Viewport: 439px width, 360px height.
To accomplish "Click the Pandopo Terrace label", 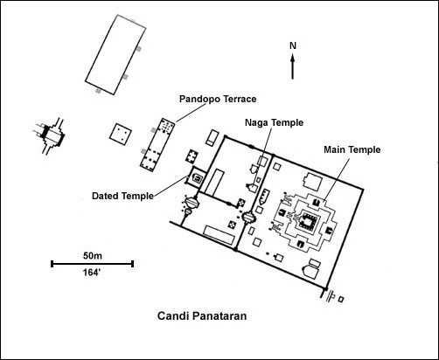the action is click(218, 99).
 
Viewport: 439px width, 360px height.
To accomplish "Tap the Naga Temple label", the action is click(274, 122).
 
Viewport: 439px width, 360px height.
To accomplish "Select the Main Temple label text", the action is click(352, 149).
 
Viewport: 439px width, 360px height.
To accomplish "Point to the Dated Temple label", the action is click(122, 196).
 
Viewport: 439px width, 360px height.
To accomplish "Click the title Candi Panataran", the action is click(202, 316).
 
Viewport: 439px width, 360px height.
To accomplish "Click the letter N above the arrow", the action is click(293, 45).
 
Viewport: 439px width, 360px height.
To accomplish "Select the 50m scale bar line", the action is click(92, 264).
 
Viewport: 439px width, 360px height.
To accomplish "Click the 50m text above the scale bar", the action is click(93, 256).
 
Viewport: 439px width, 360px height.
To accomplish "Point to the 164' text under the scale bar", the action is click(91, 273).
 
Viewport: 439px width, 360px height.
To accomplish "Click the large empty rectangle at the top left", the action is click(115, 55).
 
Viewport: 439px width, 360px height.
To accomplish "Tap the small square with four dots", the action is click(121, 134).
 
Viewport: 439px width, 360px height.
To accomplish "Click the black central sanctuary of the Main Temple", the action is click(307, 219).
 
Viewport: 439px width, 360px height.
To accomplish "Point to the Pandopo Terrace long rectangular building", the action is click(157, 145).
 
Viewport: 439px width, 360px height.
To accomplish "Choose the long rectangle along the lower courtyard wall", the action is click(219, 235).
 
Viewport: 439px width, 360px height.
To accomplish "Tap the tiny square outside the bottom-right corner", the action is click(341, 299).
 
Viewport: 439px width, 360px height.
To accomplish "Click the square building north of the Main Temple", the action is click(312, 182).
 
